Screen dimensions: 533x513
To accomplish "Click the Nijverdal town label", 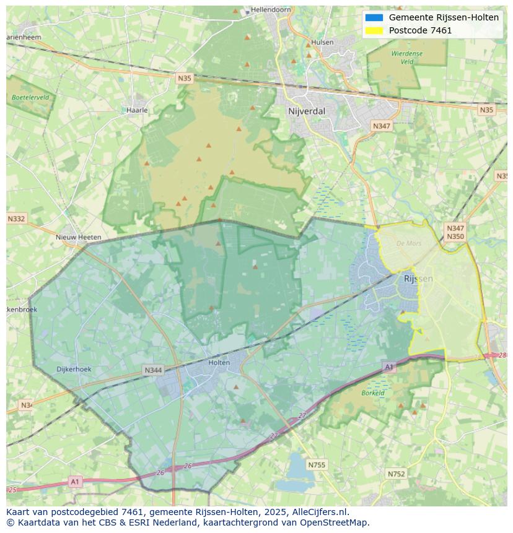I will pyautogui.click(x=307, y=111).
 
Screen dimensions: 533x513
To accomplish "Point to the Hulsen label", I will pyautogui.click(x=322, y=42).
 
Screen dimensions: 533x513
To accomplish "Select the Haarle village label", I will pyautogui.click(x=136, y=110).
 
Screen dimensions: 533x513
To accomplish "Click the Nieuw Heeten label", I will pyautogui.click(x=78, y=237).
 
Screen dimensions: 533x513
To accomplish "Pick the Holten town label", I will pyautogui.click(x=219, y=363).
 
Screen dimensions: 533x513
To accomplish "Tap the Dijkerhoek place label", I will pyautogui.click(x=74, y=369).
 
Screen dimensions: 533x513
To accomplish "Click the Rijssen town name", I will pyautogui.click(x=418, y=279).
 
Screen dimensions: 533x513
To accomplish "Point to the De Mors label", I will pyautogui.click(x=409, y=243).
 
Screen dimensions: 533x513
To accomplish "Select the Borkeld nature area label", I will pyautogui.click(x=373, y=392).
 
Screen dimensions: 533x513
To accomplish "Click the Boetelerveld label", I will pyautogui.click(x=30, y=97).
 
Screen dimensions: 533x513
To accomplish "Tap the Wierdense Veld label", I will pyautogui.click(x=407, y=58).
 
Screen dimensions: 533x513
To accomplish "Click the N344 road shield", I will pyautogui.click(x=153, y=370).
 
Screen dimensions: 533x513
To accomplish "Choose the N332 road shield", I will pyautogui.click(x=17, y=219).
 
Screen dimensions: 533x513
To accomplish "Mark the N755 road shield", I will pyautogui.click(x=317, y=464).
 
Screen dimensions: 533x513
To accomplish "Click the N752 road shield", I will pyautogui.click(x=396, y=474).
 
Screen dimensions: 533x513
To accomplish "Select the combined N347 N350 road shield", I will pyautogui.click(x=455, y=232).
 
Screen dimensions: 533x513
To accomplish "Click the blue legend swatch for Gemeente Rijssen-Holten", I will pyautogui.click(x=374, y=17).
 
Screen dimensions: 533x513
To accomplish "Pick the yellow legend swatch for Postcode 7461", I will pyautogui.click(x=374, y=30).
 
